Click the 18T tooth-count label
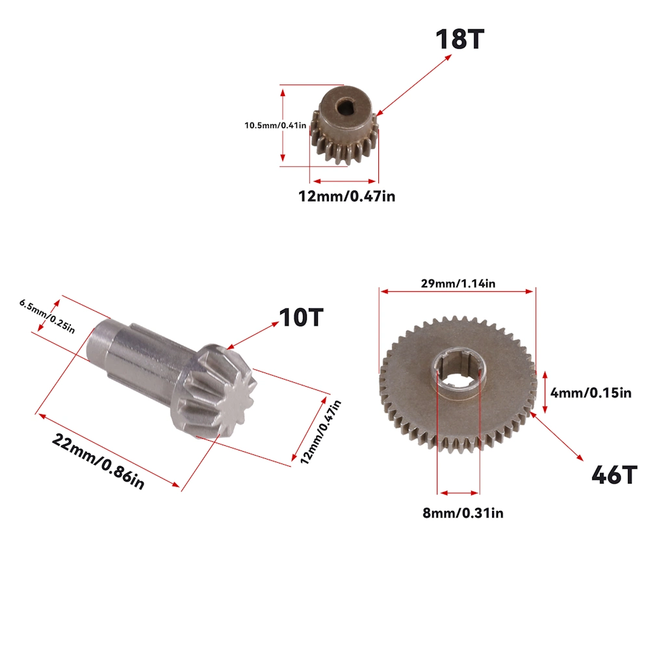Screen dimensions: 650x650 coord(460,40)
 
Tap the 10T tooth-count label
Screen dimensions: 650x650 coord(301,318)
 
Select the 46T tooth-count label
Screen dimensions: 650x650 coord(614,474)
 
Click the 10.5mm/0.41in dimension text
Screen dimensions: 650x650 coord(275,125)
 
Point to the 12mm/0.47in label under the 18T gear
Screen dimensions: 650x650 coord(346,196)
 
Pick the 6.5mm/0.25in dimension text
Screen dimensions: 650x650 coord(47,317)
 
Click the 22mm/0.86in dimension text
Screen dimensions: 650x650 coord(98,461)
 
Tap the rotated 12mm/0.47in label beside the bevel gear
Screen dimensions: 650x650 coord(320,432)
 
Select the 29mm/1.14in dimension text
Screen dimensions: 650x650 coord(458,283)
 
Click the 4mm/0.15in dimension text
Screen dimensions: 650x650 coord(591,393)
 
